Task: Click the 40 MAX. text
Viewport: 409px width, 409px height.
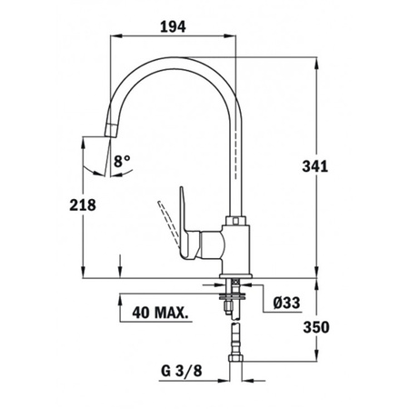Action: [x=160, y=314]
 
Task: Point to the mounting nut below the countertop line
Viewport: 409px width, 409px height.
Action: [x=235, y=294]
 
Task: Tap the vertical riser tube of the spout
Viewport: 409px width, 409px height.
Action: [x=234, y=164]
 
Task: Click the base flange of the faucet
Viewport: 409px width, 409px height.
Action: [x=234, y=274]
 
